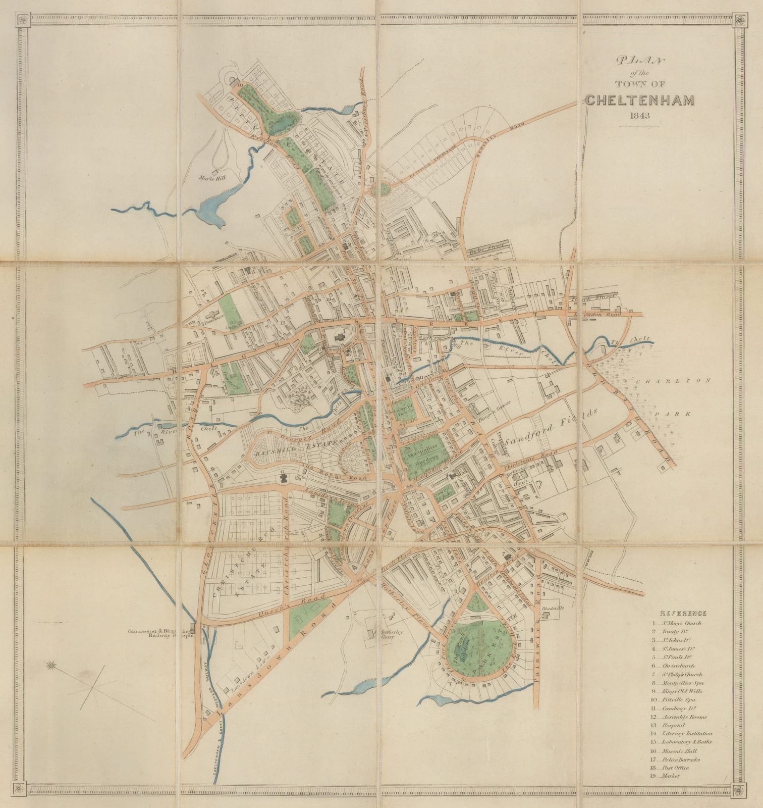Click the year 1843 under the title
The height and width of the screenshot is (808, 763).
(639, 115)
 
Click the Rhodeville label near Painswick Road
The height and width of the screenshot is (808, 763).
(552, 609)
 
